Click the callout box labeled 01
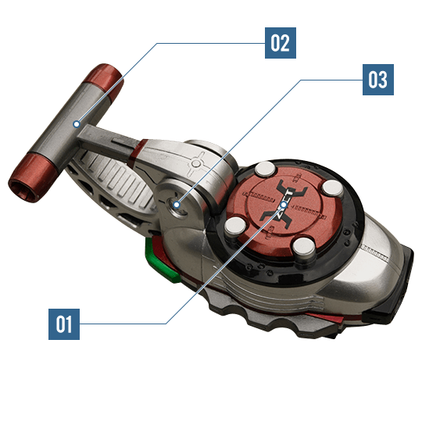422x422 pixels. pos(64,324)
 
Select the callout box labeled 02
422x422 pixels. pos(281,43)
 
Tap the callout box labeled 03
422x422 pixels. pos(378,80)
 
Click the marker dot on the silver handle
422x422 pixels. pos(77,124)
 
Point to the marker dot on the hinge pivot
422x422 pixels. pos(177,205)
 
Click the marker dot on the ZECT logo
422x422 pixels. pos(284,205)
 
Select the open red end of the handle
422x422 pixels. pos(32,178)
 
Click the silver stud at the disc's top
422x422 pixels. pos(265,170)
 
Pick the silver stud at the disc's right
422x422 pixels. pos(333,188)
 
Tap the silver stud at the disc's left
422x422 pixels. pos(235,226)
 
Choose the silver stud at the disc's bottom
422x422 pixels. pos(304,246)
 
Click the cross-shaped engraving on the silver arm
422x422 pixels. pos(196,163)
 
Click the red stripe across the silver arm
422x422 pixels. pos(136,152)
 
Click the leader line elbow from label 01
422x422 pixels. pos(166,324)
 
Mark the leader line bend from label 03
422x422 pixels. pos(301,80)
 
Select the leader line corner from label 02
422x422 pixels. pos(157,43)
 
